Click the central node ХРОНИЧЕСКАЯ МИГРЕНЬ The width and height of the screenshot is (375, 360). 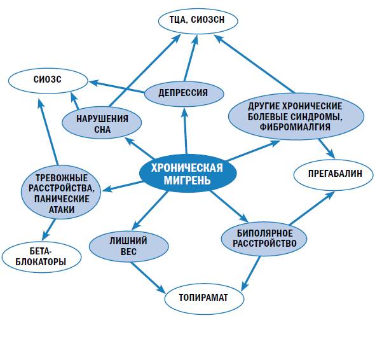[187, 173]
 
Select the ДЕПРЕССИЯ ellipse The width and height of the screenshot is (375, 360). [184, 93]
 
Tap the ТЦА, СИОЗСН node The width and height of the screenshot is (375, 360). [198, 21]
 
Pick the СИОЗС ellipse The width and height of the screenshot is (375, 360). [48, 81]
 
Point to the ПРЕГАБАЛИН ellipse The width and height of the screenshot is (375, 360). [334, 174]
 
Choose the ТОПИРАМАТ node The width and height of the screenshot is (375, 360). [204, 298]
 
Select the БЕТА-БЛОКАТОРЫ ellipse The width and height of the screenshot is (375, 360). [41, 258]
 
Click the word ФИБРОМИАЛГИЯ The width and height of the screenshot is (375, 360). [295, 127]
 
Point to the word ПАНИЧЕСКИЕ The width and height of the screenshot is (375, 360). [62, 199]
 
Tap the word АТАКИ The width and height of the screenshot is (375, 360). [62, 210]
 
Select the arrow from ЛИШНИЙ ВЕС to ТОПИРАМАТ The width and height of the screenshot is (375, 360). [147, 277]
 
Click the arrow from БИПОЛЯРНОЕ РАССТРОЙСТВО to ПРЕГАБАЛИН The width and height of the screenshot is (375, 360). [311, 208]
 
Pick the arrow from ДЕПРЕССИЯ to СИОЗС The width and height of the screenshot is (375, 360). [117, 87]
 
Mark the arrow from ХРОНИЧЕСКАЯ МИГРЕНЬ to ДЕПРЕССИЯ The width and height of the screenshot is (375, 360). [186, 130]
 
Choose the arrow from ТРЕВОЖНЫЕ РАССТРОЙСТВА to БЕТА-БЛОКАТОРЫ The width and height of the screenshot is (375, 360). [48, 230]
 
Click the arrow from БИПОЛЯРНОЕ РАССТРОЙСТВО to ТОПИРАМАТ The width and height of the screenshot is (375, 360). [251, 273]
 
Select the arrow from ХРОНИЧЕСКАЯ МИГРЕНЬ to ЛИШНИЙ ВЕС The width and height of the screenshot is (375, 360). [150, 211]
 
